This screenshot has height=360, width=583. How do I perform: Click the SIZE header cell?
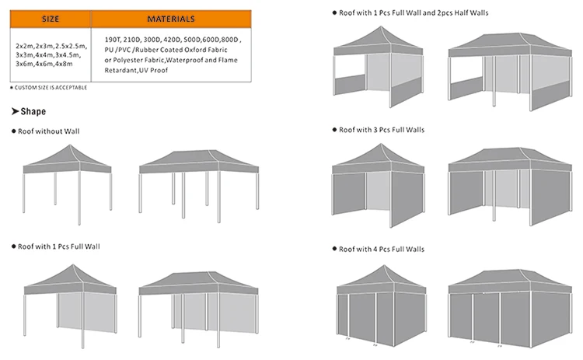[51, 19]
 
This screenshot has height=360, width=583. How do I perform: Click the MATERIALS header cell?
[171, 19]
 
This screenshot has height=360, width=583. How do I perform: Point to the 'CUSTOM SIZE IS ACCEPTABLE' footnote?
[48, 87]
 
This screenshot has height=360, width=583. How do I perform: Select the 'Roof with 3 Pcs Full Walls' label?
[382, 129]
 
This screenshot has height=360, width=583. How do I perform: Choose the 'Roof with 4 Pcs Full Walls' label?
[382, 249]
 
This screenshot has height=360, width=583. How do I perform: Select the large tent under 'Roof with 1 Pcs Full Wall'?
[199, 303]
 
